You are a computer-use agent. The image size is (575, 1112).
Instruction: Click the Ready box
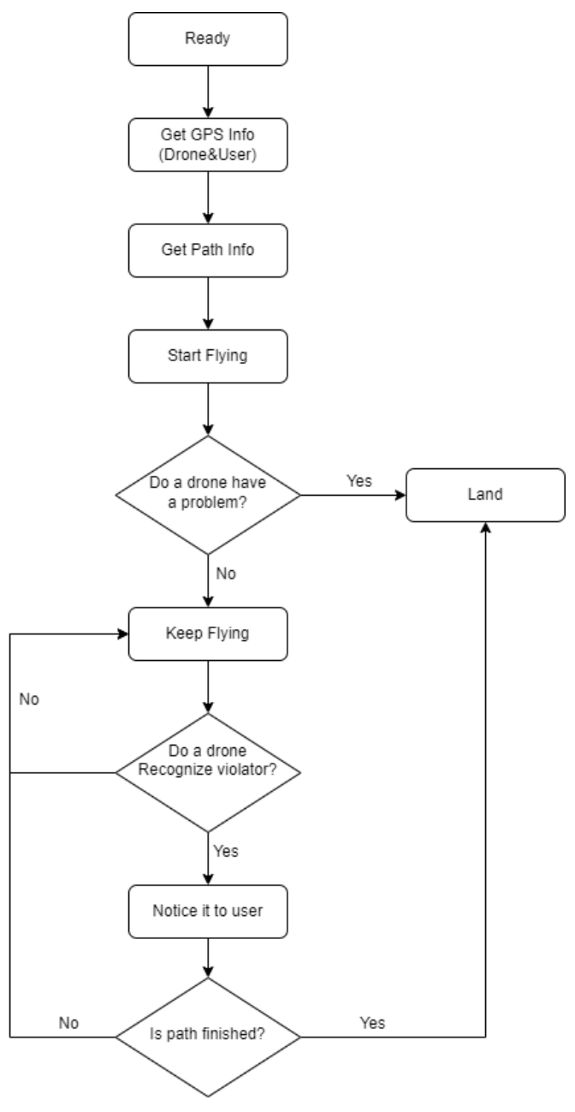[208, 39]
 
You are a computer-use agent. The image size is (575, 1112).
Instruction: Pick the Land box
[486, 494]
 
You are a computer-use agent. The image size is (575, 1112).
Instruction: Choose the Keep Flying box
[208, 634]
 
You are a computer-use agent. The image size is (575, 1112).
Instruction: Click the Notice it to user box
[208, 911]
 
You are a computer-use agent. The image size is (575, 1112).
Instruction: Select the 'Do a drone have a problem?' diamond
[208, 494]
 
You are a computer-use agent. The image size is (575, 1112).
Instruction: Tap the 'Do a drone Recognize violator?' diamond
[208, 772]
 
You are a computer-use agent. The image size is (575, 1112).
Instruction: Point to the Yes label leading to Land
[359, 480]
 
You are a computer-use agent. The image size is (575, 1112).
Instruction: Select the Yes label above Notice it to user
[227, 851]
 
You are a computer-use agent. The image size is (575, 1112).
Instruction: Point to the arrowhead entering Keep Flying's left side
[122, 634]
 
